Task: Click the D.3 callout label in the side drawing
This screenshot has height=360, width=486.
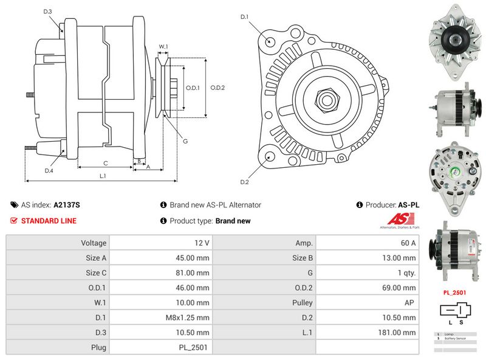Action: point(48,12)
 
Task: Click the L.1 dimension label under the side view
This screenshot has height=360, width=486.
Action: point(103,176)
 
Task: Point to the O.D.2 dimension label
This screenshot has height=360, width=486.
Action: point(217,88)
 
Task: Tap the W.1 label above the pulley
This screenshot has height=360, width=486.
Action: point(163,47)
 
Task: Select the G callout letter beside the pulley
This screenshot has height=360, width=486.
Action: point(185,141)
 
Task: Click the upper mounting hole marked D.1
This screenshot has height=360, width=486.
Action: point(270,41)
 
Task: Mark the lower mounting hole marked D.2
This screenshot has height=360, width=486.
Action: point(268,156)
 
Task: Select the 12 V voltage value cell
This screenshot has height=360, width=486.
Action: point(202,243)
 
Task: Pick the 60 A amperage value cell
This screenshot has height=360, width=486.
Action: point(407,243)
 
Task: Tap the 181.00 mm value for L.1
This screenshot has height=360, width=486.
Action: point(400,333)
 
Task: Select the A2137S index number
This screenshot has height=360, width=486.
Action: point(67,205)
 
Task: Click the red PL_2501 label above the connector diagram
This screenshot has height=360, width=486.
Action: point(454,292)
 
